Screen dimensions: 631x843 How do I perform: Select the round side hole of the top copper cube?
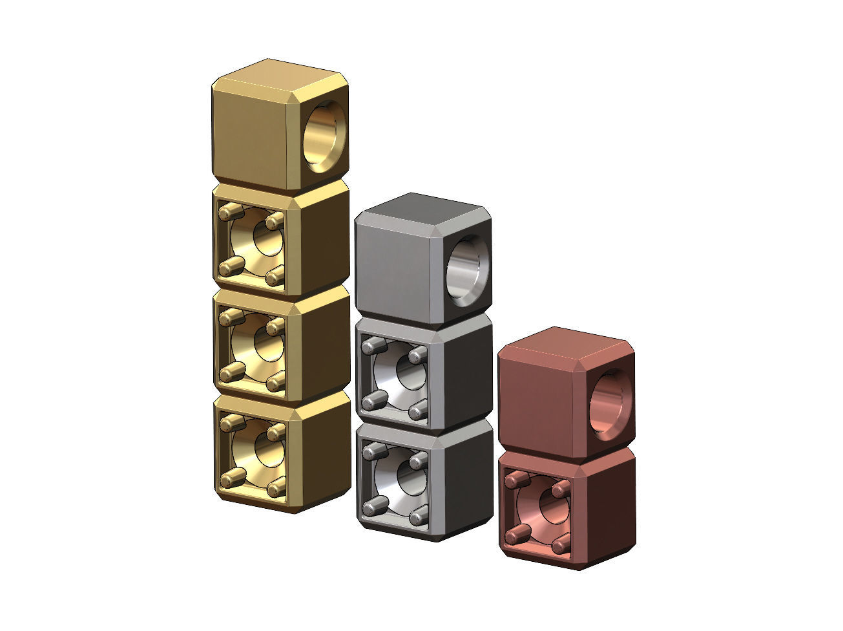[x=610, y=405]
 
